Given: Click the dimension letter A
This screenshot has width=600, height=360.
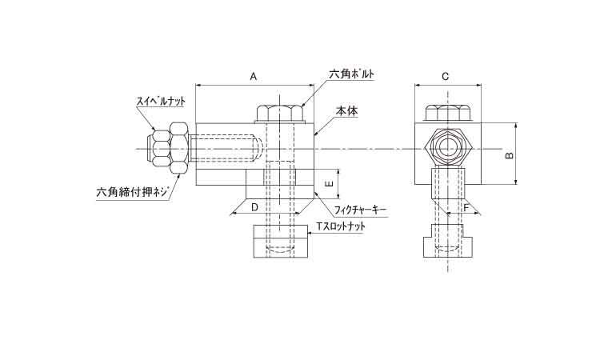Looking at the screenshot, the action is tap(254, 77).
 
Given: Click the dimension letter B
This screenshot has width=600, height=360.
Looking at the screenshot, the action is tap(510, 155).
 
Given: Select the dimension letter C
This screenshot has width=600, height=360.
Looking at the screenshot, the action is tap(446, 77).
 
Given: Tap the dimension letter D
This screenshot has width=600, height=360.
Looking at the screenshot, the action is tap(254, 207).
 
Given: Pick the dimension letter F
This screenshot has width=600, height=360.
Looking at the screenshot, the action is tap(466, 208).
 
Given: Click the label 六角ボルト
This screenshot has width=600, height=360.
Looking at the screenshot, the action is tap(352, 74).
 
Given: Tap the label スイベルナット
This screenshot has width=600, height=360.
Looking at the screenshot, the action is tap(161, 102).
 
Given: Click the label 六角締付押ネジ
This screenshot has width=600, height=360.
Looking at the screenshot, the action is tap(132, 192).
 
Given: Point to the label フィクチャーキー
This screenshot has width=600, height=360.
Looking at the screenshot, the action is tap(360, 210).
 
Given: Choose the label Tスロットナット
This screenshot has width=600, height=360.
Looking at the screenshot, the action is tap(341, 226).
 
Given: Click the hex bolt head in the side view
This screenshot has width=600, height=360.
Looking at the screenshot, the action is tap(280, 114).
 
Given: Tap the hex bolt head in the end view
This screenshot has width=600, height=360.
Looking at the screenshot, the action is tap(448, 114).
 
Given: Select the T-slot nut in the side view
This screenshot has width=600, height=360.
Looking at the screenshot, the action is tap(280, 242).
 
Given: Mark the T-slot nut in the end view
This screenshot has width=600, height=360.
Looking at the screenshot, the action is tap(448, 241).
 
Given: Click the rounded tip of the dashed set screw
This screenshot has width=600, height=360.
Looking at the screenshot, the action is tap(258, 149).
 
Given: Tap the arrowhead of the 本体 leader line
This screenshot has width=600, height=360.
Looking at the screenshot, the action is tap(315, 134).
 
